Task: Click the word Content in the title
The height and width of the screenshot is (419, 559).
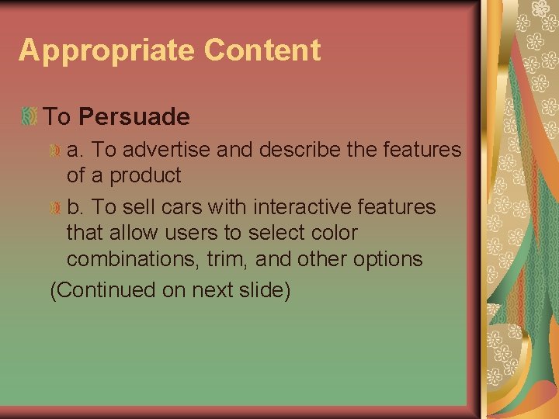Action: point(262,50)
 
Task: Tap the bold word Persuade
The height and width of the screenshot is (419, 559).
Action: point(134,117)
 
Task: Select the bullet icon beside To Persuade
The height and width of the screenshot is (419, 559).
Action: point(29,116)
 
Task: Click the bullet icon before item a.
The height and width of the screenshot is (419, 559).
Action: point(55,150)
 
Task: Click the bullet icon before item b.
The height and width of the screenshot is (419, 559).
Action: point(55,207)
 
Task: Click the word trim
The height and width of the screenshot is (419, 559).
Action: point(224,258)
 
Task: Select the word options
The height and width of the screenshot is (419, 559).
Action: point(387,259)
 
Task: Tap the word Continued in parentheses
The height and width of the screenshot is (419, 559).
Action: point(106,290)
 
